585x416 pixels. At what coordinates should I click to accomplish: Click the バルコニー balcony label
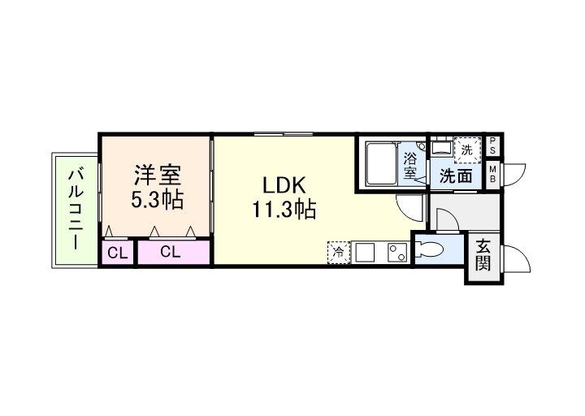coord(76,209)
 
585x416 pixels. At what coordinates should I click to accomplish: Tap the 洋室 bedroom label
coord(158,175)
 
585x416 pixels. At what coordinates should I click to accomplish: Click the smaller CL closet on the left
coord(118,253)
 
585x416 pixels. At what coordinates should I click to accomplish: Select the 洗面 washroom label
coord(457,175)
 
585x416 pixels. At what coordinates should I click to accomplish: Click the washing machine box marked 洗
coord(466,149)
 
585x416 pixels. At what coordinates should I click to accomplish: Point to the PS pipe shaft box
coord(493,147)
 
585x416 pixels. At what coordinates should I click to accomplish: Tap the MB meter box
coord(493,174)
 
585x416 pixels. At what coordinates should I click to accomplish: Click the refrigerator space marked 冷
coord(337,253)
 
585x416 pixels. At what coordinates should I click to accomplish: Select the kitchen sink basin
coord(365,253)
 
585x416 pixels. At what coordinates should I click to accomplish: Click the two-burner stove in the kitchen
coord(396,253)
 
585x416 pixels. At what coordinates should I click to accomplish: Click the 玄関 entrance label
coord(483,254)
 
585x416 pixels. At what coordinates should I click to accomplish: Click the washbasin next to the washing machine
coord(441,149)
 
